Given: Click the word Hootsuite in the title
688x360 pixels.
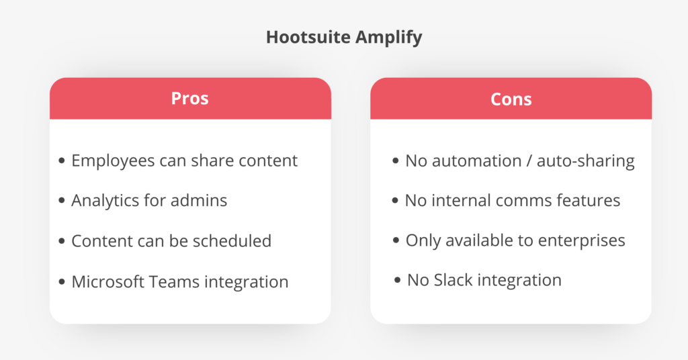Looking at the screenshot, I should [303, 37].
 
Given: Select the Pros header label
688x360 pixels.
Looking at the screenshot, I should [190, 99].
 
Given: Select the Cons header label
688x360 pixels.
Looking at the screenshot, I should [511, 99].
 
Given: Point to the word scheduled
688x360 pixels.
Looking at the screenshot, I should [230, 240].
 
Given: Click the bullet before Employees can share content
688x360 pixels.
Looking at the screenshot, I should [62, 161].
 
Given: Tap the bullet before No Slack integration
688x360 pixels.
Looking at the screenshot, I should [398, 280].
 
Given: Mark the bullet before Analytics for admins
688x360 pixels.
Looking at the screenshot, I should [62, 201].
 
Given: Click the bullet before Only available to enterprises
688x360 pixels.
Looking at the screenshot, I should [396, 240].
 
